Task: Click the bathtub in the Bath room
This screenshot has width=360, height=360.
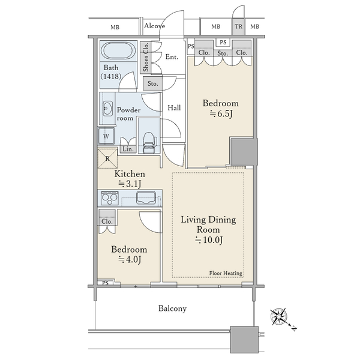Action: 118,50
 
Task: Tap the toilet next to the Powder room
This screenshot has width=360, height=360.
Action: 149,142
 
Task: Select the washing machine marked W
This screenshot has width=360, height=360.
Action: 106,136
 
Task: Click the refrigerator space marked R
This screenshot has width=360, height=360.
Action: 107,158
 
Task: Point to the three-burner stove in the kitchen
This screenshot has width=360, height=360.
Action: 110,198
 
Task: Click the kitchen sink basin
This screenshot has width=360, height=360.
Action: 146,197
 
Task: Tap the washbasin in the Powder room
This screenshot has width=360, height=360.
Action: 107,108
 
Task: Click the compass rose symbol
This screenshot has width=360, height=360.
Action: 279,317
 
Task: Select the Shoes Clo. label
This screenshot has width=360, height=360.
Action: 146,57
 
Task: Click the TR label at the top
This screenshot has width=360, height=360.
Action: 239,26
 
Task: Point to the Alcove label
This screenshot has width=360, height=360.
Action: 155,26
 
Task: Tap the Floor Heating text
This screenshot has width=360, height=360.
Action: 226,273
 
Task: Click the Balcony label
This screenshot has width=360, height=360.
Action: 172,308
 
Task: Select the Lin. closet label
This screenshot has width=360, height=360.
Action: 128,149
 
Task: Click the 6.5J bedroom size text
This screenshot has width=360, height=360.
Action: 221,113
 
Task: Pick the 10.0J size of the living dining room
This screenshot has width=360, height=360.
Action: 209,240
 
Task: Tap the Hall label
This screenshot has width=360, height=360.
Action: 174,107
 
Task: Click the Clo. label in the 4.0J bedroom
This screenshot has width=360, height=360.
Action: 107,221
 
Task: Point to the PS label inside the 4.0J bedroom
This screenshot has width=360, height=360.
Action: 105,283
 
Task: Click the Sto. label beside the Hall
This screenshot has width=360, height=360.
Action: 152,83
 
